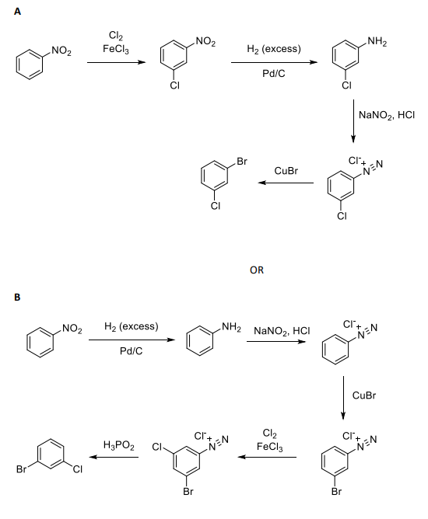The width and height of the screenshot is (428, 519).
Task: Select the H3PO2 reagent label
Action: [118, 445]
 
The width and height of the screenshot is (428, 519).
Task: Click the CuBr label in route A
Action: [286, 170]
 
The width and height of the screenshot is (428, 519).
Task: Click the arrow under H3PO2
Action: [118, 458]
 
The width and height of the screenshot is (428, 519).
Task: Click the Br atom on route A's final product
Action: [241, 162]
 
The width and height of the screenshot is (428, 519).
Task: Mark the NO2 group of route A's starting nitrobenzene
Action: [61, 51]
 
